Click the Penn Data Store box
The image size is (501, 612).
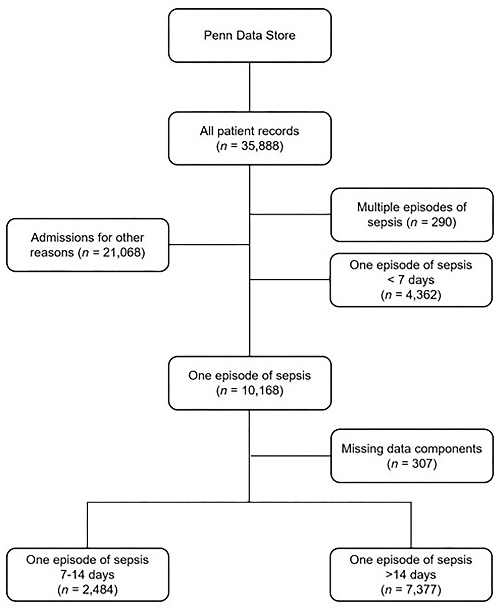coord(250,36)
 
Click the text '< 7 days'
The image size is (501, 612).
coord(411,280)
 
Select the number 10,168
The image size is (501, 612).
coord(260,391)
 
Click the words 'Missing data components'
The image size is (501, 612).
coord(412,449)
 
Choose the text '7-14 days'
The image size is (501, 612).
coord(87,574)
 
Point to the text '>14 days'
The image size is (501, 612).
coord(411,574)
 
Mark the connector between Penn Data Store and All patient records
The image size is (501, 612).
coord(249,87)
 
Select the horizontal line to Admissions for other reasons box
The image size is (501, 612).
coord(209,245)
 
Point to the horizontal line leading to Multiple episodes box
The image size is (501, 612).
coord(290,214)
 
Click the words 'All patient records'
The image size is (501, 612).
coord(249,131)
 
